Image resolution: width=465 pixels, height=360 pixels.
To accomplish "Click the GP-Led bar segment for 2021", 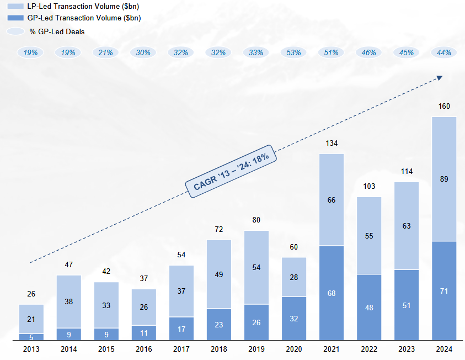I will point(332,293).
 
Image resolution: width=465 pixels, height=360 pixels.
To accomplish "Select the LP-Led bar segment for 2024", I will point(444,179).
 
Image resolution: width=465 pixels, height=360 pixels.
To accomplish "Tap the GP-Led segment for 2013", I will point(31,337).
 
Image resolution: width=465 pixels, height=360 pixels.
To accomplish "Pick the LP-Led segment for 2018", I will point(219,274).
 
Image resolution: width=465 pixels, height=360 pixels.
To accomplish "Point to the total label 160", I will point(444,107).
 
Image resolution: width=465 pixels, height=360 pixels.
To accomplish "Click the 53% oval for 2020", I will point(294,52).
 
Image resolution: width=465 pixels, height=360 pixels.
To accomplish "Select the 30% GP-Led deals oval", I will point(143,52).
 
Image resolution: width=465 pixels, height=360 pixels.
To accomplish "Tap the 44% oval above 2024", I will point(444,52).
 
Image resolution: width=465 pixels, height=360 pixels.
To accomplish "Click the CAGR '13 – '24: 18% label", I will point(231,172).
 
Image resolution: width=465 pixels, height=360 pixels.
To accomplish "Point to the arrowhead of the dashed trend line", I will point(440,78).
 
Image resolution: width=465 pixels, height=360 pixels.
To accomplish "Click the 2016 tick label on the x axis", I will point(143,349).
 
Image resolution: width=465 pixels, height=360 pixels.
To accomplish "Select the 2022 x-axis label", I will point(369,349).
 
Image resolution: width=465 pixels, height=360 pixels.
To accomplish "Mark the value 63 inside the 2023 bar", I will point(407,225).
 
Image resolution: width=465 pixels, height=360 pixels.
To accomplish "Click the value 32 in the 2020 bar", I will point(294,318).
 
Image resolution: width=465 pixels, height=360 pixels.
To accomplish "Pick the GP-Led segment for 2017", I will point(181,329).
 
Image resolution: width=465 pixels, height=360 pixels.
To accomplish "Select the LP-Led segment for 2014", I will point(68,301).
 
